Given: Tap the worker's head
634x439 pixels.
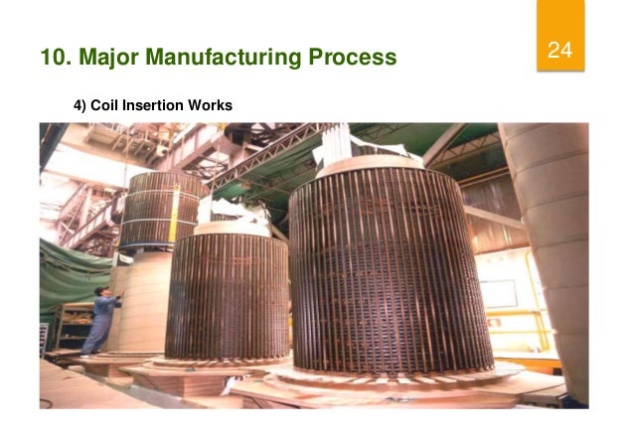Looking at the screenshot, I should pos(101,292).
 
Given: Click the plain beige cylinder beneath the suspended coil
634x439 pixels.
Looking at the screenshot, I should pos(139,298).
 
